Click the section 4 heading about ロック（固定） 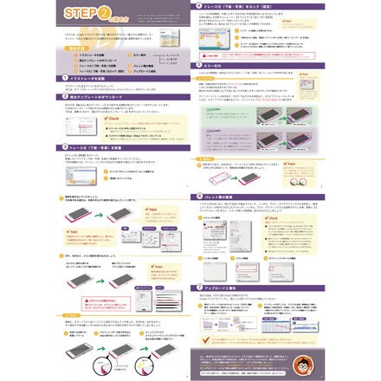[251, 6]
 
